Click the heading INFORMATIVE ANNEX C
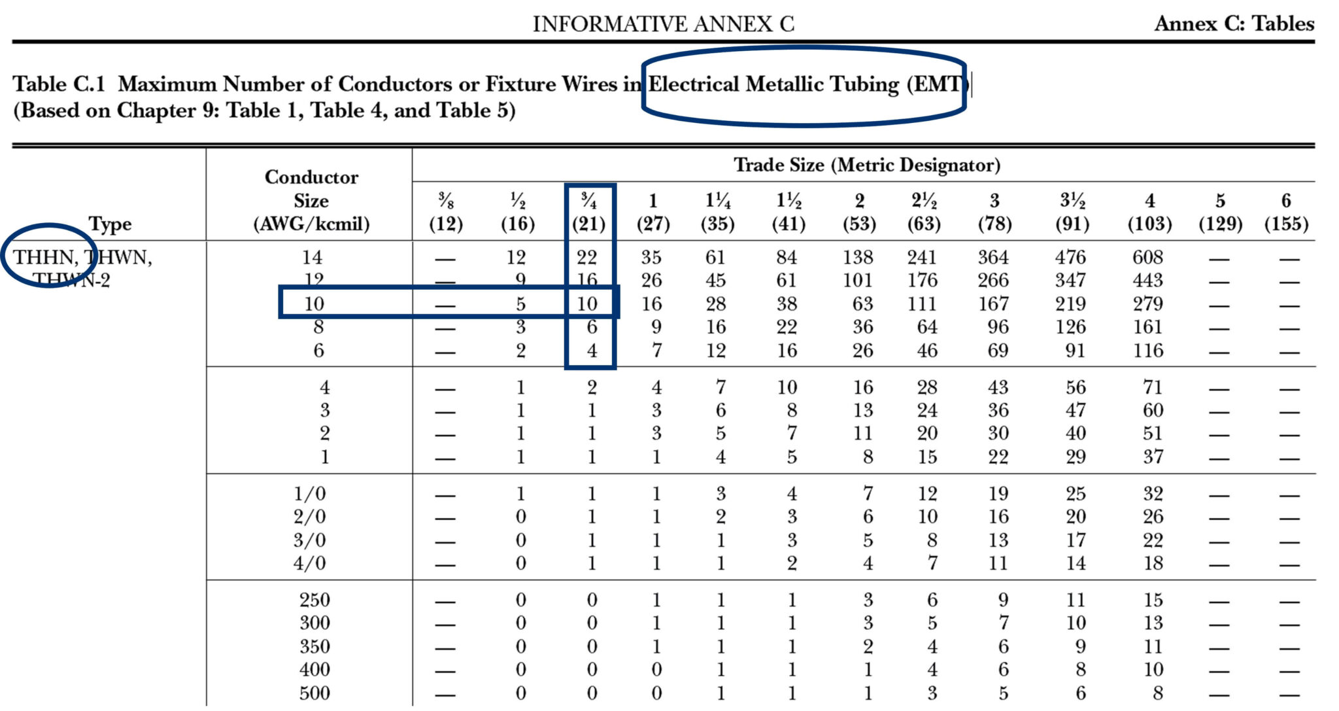click(663, 24)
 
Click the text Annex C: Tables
click(1234, 24)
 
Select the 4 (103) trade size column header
click(1149, 212)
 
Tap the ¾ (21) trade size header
click(588, 212)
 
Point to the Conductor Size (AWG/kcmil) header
click(311, 200)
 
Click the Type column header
click(110, 224)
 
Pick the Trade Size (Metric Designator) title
click(866, 165)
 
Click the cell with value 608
click(1148, 257)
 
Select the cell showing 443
click(1148, 281)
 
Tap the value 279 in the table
click(1148, 304)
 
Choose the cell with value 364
click(992, 257)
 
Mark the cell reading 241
click(922, 257)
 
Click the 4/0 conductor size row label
click(309, 563)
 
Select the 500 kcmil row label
click(314, 693)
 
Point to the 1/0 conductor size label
click(309, 494)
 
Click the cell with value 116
click(1148, 351)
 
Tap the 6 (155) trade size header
click(1286, 212)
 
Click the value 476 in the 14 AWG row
click(1070, 257)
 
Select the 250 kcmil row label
click(314, 600)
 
